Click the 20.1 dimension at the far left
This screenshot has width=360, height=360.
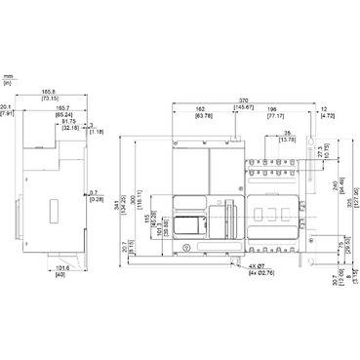6,110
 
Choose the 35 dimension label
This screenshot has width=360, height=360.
287,133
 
